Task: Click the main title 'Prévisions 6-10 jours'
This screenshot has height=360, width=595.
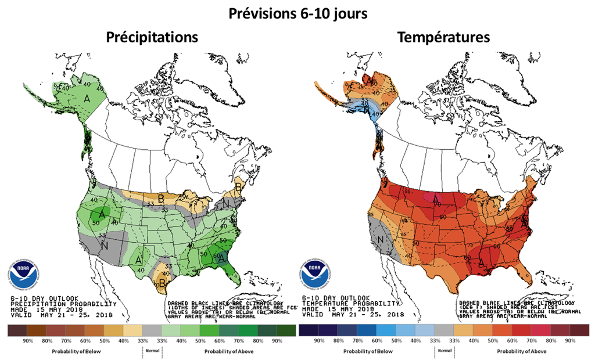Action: tap(297, 13)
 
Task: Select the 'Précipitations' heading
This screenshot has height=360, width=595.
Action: tap(152, 38)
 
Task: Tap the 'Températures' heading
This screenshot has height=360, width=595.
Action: tap(443, 38)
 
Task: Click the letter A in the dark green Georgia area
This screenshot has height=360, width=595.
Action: tap(223, 261)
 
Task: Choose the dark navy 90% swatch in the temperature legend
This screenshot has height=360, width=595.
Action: tap(308, 330)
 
